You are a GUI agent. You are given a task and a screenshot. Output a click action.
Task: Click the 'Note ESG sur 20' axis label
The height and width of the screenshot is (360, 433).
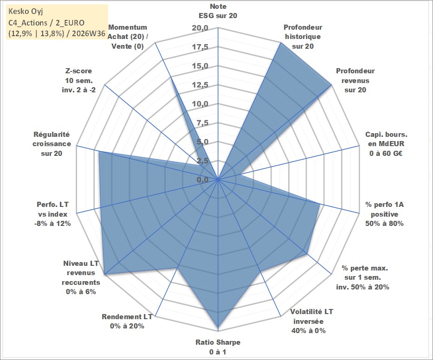[x=218, y=11]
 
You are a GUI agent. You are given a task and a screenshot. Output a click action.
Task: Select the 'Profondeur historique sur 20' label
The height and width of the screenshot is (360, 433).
[x=303, y=37]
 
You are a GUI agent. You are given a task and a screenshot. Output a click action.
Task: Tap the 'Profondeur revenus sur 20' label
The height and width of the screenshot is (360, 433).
[x=355, y=80]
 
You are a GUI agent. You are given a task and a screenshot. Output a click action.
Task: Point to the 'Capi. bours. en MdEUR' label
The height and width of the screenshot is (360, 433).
[x=386, y=139]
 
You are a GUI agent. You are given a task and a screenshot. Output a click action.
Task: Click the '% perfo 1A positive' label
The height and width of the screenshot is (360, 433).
[x=384, y=209]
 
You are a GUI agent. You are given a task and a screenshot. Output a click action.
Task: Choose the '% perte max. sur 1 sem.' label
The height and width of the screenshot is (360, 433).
[x=364, y=272]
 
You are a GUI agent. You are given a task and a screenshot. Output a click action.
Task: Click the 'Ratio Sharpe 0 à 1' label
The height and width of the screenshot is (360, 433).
[x=218, y=347]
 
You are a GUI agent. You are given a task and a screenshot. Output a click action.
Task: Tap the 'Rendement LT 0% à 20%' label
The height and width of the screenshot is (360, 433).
[x=127, y=321]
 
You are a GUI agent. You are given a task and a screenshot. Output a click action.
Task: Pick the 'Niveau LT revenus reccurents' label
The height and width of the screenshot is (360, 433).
[x=81, y=273]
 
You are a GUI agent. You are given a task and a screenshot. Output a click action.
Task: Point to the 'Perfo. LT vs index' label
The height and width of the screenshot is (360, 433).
[x=52, y=209]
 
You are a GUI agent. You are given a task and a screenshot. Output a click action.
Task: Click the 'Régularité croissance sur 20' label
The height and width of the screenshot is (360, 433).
[x=52, y=144]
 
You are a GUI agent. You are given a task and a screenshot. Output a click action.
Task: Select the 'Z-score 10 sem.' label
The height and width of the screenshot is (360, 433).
[x=79, y=76]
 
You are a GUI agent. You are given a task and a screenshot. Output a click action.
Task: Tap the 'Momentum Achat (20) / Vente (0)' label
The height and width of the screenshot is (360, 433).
[x=128, y=37]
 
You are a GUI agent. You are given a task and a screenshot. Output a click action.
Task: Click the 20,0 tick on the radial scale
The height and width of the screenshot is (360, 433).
[x=200, y=28]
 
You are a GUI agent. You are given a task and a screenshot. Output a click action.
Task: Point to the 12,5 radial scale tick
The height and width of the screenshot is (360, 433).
[x=200, y=85]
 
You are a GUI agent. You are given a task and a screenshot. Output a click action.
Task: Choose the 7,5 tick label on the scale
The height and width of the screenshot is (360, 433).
[x=202, y=123]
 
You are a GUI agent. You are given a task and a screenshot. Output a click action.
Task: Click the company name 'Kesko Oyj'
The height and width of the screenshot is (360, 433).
[x=26, y=12]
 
